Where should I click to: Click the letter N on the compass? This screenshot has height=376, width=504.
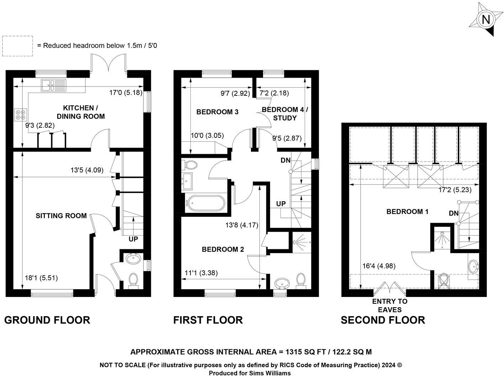coord(485,20)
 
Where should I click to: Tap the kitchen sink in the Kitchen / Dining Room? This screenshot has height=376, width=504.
coord(53,85)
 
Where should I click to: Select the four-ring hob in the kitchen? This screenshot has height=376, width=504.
coord(20,115)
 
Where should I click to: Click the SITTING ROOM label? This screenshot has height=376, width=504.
coord(61,216)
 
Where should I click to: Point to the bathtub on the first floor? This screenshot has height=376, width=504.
coord(205,203)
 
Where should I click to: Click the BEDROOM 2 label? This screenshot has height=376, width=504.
coord(223,249)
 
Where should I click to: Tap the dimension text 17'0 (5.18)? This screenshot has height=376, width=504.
coord(126,93)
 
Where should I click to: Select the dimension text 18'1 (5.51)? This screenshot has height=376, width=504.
coord(41,278)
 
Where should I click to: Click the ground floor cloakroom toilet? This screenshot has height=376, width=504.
coord(133,281)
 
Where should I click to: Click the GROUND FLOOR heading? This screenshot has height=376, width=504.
coord(47,320)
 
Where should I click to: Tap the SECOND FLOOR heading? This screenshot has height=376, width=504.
coord(383,320)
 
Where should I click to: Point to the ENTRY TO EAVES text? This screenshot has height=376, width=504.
coord(390,305)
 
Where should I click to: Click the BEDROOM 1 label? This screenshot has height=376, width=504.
coord(407,211)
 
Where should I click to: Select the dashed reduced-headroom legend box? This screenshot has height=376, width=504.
coord(17,46)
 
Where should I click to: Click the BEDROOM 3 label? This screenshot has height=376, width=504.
coord(217,112)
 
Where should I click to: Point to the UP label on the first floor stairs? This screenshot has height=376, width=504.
coord(281,204)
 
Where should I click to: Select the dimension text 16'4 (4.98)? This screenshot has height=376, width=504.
coord(379,266)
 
